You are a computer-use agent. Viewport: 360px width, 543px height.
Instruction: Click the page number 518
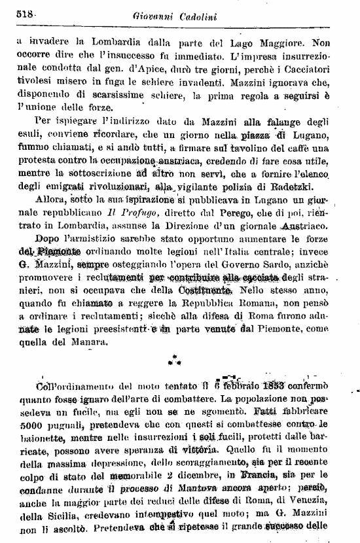(x=26, y=13)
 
